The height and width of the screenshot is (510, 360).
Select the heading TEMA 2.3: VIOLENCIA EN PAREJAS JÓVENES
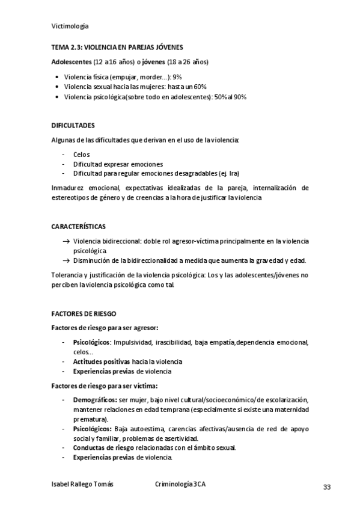point(117,47)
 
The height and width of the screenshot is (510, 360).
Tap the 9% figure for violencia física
point(178,77)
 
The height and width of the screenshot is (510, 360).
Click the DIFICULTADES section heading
point(73,125)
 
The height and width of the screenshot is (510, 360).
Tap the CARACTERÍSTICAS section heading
point(78,227)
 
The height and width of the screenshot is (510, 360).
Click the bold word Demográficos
point(95,400)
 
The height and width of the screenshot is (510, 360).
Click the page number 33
point(327,487)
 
